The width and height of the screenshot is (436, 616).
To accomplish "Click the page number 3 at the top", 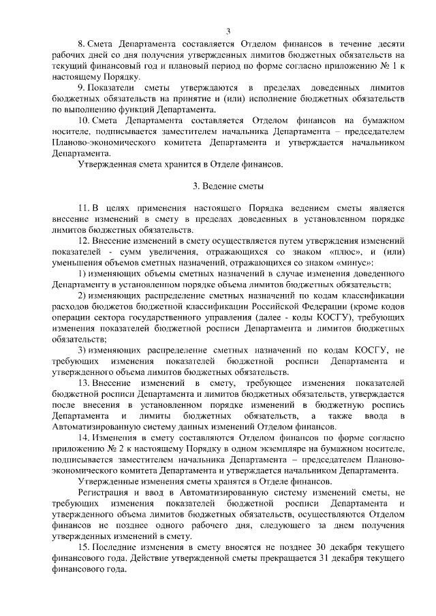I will [228, 31].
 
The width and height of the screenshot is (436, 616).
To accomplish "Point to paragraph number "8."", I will [82, 42].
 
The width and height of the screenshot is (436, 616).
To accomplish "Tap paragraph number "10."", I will [84, 120].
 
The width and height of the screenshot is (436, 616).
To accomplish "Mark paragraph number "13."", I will [84, 384].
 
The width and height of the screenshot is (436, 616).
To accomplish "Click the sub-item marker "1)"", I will [82, 274].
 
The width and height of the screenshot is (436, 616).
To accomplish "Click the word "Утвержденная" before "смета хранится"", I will [109, 163].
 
